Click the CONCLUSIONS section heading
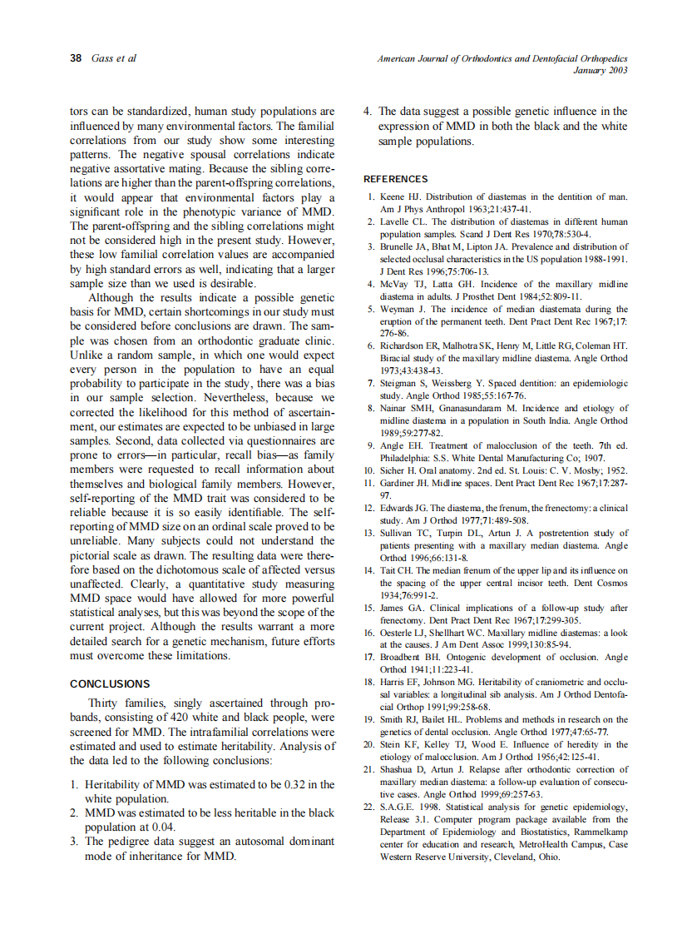pos(110,684)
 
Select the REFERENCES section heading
pos(396,179)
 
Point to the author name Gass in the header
pos(101,58)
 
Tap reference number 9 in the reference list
pos(372,445)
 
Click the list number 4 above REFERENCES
pos(368,111)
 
